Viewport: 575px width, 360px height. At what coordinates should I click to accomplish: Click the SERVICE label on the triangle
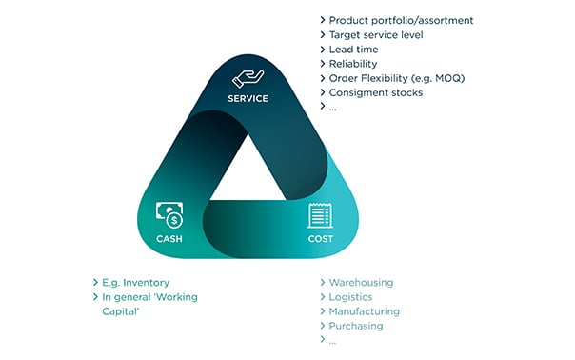pyautogui.click(x=248, y=98)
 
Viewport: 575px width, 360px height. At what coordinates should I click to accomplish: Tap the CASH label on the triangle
pyautogui.click(x=169, y=238)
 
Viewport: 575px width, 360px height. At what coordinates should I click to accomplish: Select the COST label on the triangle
pyautogui.click(x=321, y=238)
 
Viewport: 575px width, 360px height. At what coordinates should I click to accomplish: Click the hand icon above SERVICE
pyautogui.click(x=248, y=78)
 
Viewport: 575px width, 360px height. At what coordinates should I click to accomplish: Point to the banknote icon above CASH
pyautogui.click(x=169, y=215)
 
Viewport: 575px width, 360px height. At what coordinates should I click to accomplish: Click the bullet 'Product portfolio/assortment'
pyautogui.click(x=401, y=20)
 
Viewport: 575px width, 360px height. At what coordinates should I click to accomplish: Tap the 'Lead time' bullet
pyautogui.click(x=355, y=50)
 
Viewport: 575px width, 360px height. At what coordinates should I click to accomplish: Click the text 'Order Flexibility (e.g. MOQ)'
pyautogui.click(x=398, y=78)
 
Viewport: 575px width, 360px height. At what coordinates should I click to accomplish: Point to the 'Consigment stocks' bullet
pyautogui.click(x=376, y=92)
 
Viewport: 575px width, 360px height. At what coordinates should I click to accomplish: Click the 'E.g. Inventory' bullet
pyautogui.click(x=135, y=283)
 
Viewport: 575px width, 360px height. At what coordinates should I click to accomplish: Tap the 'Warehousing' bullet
pyautogui.click(x=361, y=283)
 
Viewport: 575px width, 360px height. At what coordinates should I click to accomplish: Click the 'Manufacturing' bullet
pyautogui.click(x=365, y=311)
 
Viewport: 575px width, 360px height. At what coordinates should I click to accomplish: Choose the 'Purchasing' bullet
pyautogui.click(x=356, y=326)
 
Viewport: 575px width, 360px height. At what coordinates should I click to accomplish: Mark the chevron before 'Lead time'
pyautogui.click(x=322, y=50)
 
